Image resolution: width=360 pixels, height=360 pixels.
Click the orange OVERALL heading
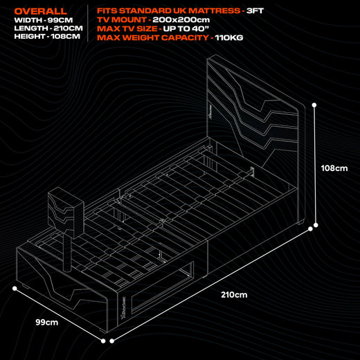point(41,12)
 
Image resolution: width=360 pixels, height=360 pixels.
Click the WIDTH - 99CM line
point(39,21)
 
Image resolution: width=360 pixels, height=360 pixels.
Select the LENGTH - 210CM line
point(42,29)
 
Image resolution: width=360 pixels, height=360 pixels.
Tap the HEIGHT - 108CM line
point(42,37)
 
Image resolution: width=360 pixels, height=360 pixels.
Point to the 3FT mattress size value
point(255,11)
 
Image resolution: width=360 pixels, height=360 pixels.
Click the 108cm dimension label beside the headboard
point(334,168)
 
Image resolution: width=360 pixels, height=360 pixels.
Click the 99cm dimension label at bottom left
point(46,322)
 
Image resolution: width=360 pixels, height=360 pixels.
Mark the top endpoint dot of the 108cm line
point(315,106)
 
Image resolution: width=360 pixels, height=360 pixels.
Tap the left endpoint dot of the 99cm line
point(12,289)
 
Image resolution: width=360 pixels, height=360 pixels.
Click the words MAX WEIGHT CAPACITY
point(152,38)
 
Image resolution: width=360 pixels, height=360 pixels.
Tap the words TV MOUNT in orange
point(122,20)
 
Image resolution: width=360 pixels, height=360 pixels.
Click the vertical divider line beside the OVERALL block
point(87,24)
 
